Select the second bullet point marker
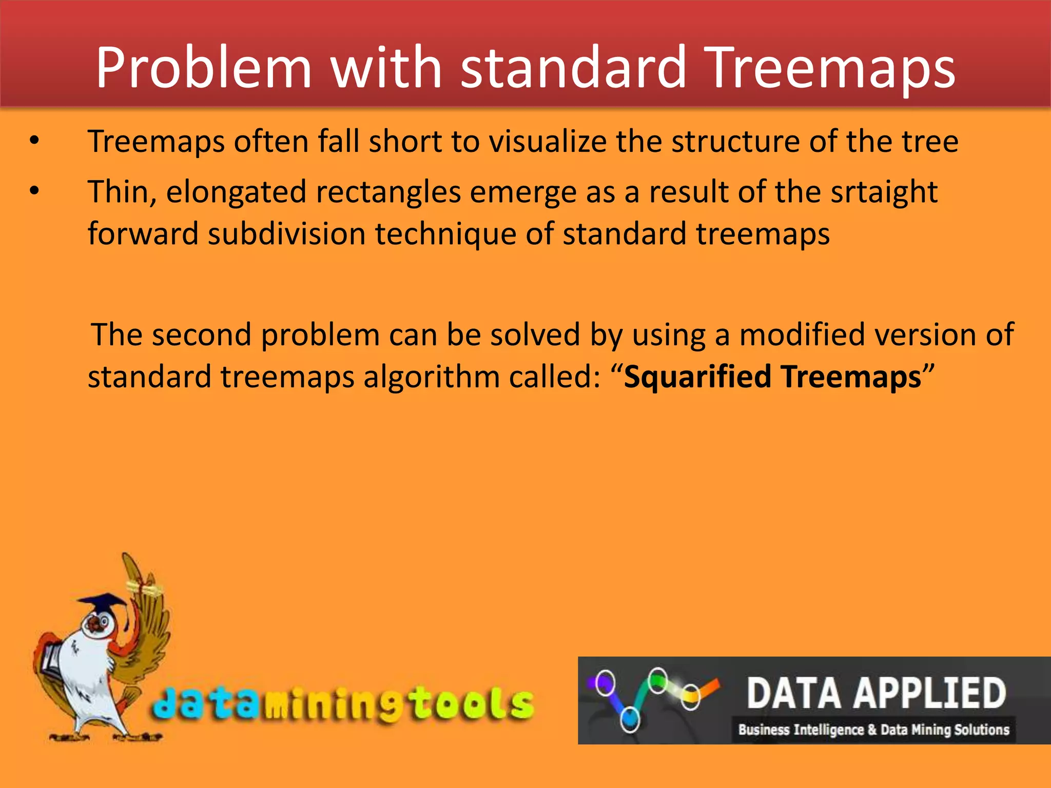click(x=34, y=191)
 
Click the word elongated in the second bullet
click(x=236, y=193)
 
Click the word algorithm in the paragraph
click(x=432, y=377)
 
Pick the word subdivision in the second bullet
click(x=286, y=234)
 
